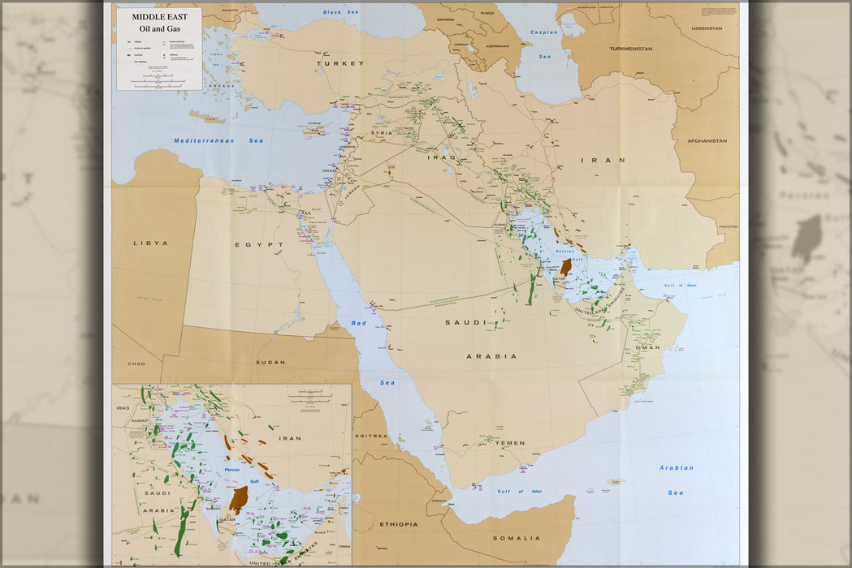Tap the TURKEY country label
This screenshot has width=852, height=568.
340,63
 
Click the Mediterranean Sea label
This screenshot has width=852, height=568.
218,140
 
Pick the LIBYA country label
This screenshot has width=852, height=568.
150,243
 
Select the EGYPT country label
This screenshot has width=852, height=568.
259,244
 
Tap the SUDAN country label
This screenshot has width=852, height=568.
270,362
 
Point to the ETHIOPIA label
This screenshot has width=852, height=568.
398,524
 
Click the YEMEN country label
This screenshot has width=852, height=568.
509,443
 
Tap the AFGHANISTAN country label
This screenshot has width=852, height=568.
707,140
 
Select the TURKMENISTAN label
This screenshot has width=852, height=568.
630,49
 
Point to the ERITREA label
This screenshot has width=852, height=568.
372,436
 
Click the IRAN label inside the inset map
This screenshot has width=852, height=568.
290,438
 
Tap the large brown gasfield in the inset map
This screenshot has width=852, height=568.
238,499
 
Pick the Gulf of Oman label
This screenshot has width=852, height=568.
680,285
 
